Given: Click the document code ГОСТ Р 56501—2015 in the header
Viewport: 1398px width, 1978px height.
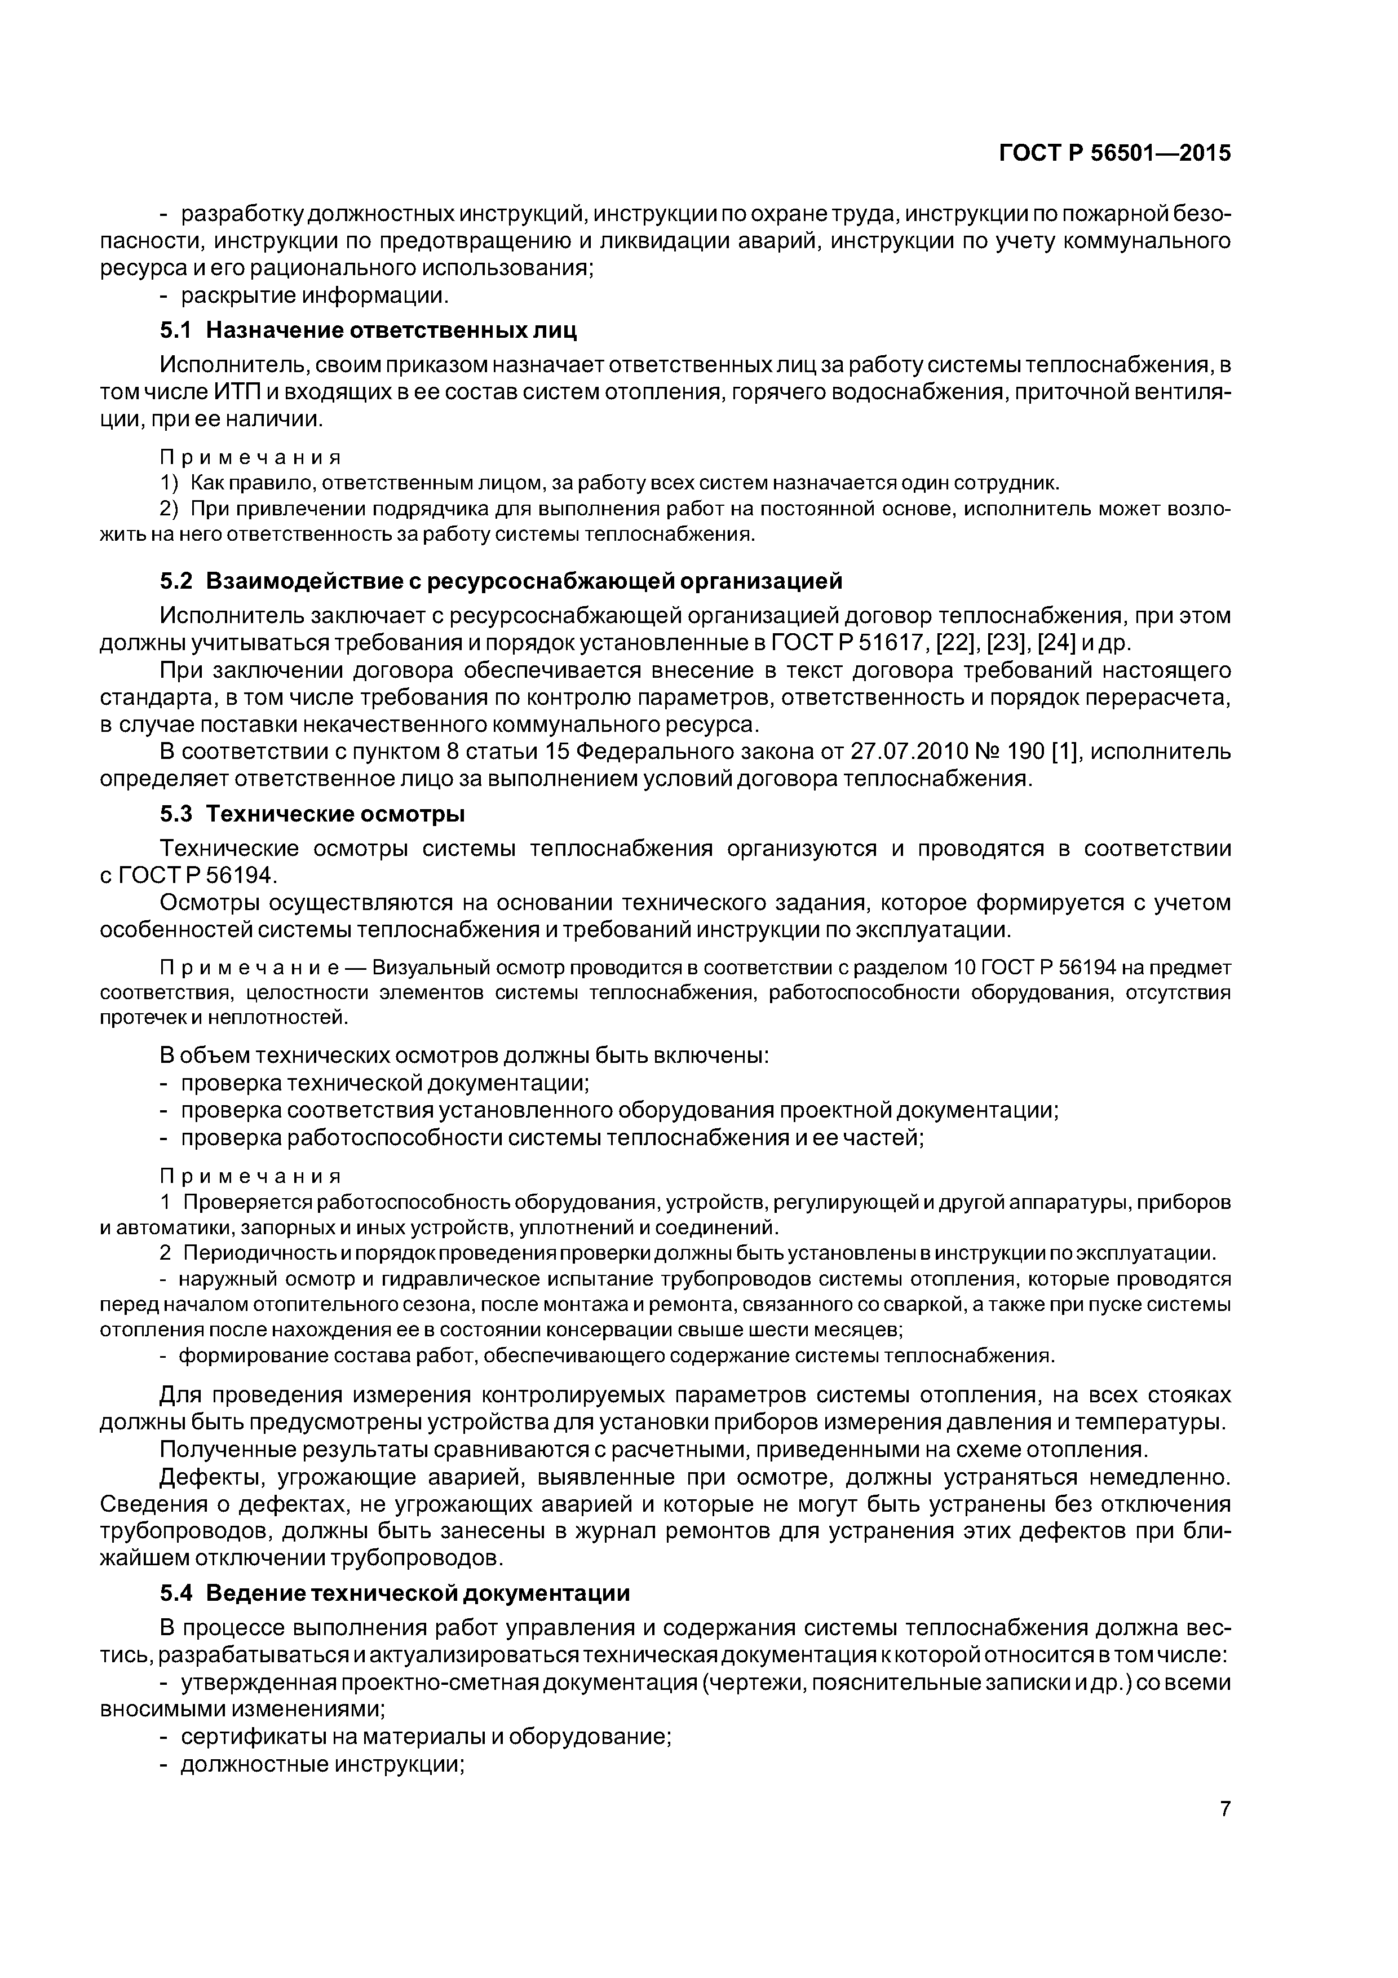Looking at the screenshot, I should pos(1114,153).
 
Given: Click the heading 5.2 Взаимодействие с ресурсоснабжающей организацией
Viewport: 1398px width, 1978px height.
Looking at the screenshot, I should pos(501,581).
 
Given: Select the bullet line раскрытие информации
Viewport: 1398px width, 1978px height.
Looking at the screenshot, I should pos(315,295).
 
